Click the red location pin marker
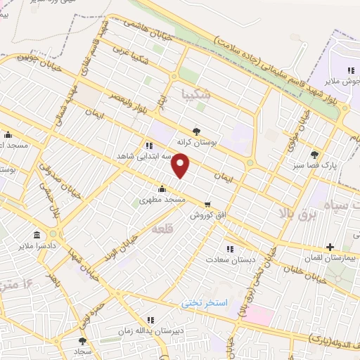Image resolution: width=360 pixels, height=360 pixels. tap(181, 166)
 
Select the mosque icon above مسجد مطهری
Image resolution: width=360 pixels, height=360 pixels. tap(162, 188)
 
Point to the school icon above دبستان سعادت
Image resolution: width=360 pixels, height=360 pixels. tap(229, 248)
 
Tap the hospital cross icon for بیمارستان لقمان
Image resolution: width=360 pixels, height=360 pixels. tap(330, 247)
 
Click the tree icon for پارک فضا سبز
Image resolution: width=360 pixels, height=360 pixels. tap(314, 155)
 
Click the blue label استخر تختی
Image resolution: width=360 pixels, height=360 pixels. tap(205, 302)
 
